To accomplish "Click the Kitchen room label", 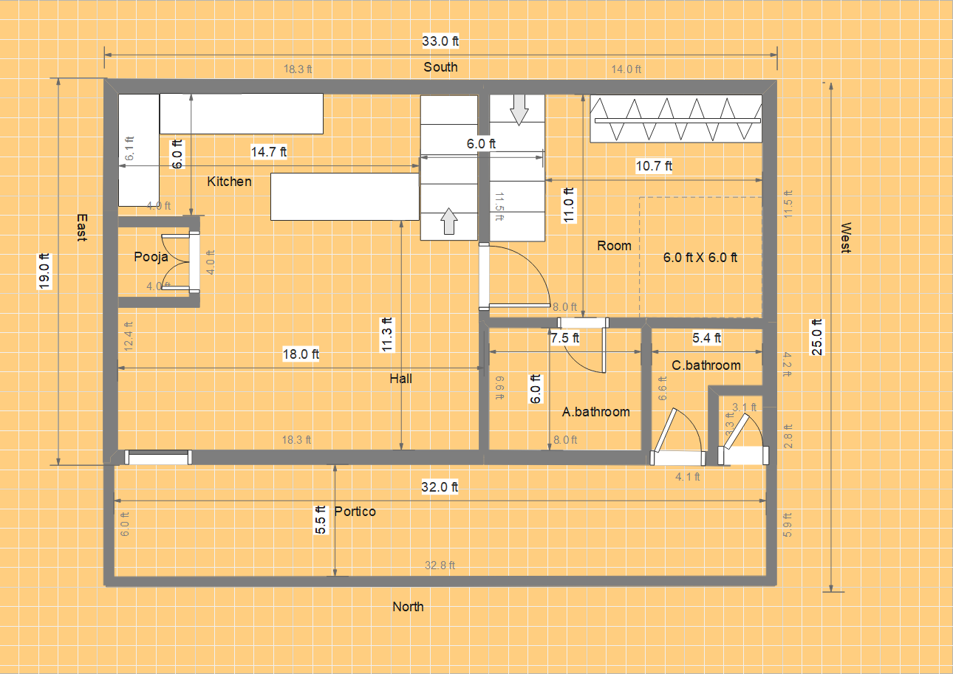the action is click(x=229, y=182).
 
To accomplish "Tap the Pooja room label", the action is click(x=151, y=257).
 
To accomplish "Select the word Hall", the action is click(x=400, y=379).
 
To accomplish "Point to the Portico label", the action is click(x=355, y=511).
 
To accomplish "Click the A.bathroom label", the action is click(x=595, y=412).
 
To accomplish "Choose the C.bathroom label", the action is click(x=706, y=365).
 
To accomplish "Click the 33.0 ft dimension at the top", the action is click(x=440, y=41).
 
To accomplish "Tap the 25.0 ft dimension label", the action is click(x=817, y=337).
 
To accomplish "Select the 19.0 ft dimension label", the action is click(x=44, y=272).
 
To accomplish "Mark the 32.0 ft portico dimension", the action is click(x=440, y=487).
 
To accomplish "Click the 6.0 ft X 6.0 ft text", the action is click(x=700, y=257).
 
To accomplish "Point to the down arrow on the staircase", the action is click(x=519, y=110).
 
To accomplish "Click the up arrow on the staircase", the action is click(x=449, y=221).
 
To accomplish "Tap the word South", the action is click(x=441, y=67).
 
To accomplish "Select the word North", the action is click(x=408, y=607).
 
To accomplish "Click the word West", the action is click(x=846, y=238).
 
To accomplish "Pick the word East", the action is click(x=82, y=227).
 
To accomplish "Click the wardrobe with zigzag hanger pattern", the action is click(x=676, y=119).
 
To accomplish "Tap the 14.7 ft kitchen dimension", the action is click(x=269, y=152).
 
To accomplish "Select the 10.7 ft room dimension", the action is click(x=654, y=166).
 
